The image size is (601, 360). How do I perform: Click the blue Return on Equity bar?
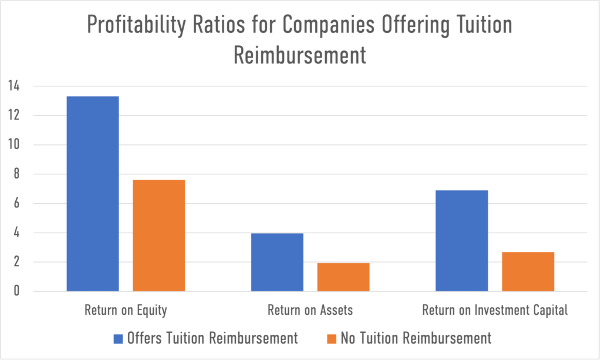tap(93, 194)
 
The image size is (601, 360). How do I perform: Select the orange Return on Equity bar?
tap(159, 235)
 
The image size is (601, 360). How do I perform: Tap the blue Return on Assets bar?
tap(277, 262)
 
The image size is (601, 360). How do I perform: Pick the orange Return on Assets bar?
tap(343, 277)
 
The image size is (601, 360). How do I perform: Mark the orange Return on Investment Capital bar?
tap(528, 271)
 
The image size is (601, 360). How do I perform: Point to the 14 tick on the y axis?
tap(13, 86)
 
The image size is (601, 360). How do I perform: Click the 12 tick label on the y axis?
tap(13, 116)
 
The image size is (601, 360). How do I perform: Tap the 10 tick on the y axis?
tap(13, 145)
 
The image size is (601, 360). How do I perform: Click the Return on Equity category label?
tap(126, 310)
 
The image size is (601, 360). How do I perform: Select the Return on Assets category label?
tap(310, 310)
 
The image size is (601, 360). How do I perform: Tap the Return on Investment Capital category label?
tap(495, 310)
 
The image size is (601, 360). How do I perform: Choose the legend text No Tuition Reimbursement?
tap(415, 338)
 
